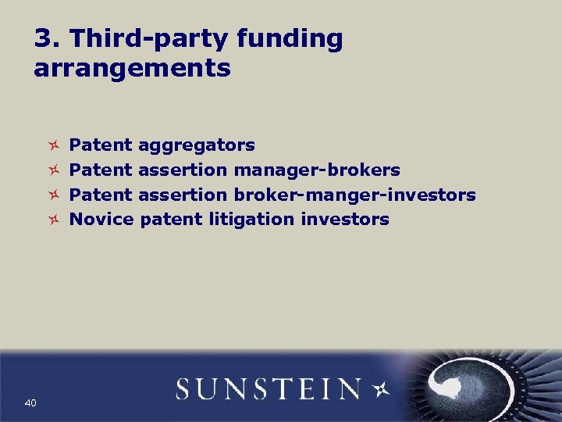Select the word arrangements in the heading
[x=132, y=69]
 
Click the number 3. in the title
[x=46, y=39]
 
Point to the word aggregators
[x=196, y=145]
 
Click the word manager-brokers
[x=317, y=170]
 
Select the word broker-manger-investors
[x=354, y=195]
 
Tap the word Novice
[x=101, y=220]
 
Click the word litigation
[x=251, y=220]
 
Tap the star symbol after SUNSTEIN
[x=382, y=388]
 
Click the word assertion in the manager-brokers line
[x=183, y=170]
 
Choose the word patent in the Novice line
[x=171, y=220]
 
